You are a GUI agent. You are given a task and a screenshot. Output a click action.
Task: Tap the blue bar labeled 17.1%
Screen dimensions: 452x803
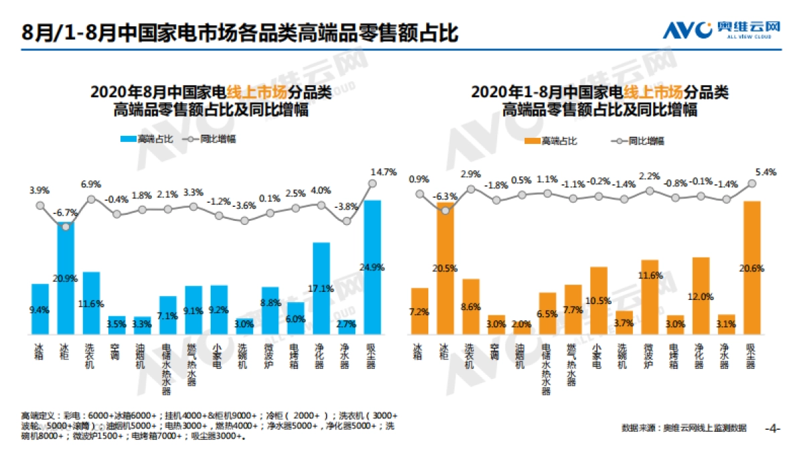[x=321, y=288]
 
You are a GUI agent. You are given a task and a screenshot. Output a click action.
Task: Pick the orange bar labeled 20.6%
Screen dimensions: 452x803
[x=752, y=267]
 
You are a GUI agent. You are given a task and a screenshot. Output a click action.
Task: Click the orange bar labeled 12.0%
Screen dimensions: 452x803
[x=701, y=295]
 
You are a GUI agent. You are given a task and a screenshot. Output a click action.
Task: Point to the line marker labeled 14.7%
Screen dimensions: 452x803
[x=373, y=183]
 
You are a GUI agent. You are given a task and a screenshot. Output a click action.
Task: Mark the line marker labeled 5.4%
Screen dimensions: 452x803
[x=752, y=183]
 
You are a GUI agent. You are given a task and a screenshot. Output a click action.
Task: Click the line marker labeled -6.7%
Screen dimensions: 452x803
[x=66, y=226]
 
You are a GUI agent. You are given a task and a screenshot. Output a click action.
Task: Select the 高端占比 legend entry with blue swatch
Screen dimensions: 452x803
[x=147, y=139]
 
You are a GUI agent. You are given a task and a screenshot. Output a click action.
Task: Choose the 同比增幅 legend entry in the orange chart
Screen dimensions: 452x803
[x=636, y=141]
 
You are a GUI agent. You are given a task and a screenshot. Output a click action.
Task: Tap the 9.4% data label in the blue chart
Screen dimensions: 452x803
[x=40, y=309]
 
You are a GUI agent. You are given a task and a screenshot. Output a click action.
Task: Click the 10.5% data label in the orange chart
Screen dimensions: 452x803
[x=598, y=301]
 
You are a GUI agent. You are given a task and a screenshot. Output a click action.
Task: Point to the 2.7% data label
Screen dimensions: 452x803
[x=347, y=324]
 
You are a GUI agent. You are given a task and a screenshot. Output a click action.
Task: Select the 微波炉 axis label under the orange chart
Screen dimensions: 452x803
[x=649, y=355]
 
